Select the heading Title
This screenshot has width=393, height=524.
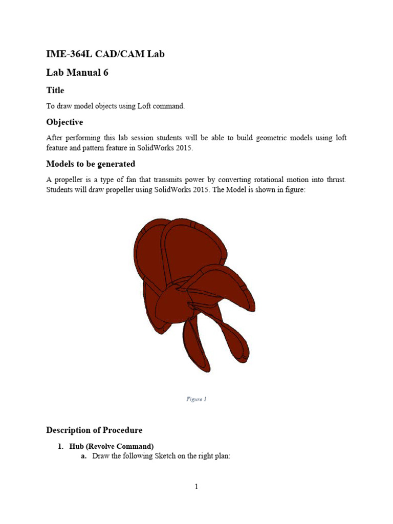[55, 91]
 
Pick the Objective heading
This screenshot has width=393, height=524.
[64, 122]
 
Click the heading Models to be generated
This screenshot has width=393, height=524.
[91, 164]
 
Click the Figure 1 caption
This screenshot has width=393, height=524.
[196, 399]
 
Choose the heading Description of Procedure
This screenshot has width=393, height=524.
[94, 430]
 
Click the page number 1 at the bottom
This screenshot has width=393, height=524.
[196, 487]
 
